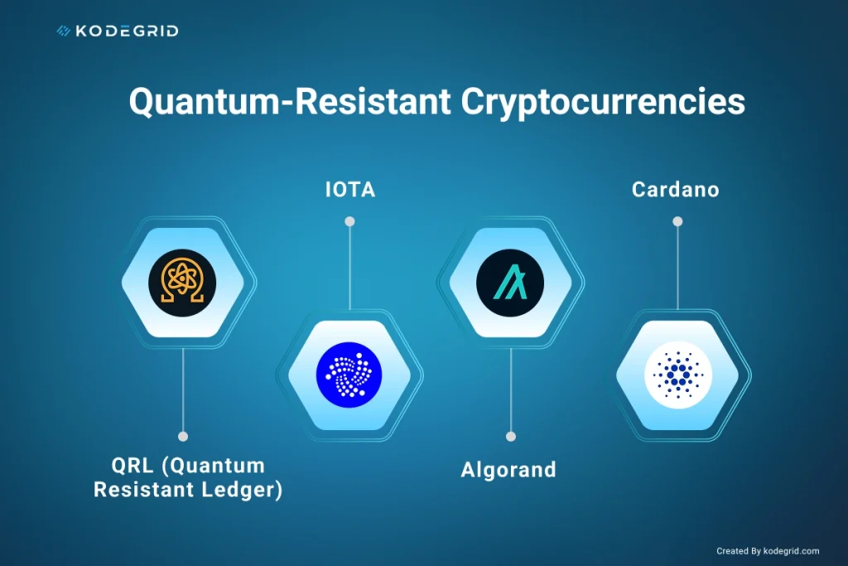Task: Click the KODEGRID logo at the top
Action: [117, 31]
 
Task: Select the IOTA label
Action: [349, 190]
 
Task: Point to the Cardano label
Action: [676, 190]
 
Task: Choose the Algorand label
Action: [508, 470]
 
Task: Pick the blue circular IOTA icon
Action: [349, 375]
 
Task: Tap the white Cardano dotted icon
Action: [677, 375]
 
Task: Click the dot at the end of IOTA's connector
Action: [349, 221]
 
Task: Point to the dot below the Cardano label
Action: [677, 221]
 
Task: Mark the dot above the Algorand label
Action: [511, 436]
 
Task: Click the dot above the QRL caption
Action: [183, 436]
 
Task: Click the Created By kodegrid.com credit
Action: [768, 551]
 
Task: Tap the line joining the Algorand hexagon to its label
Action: [511, 389]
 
